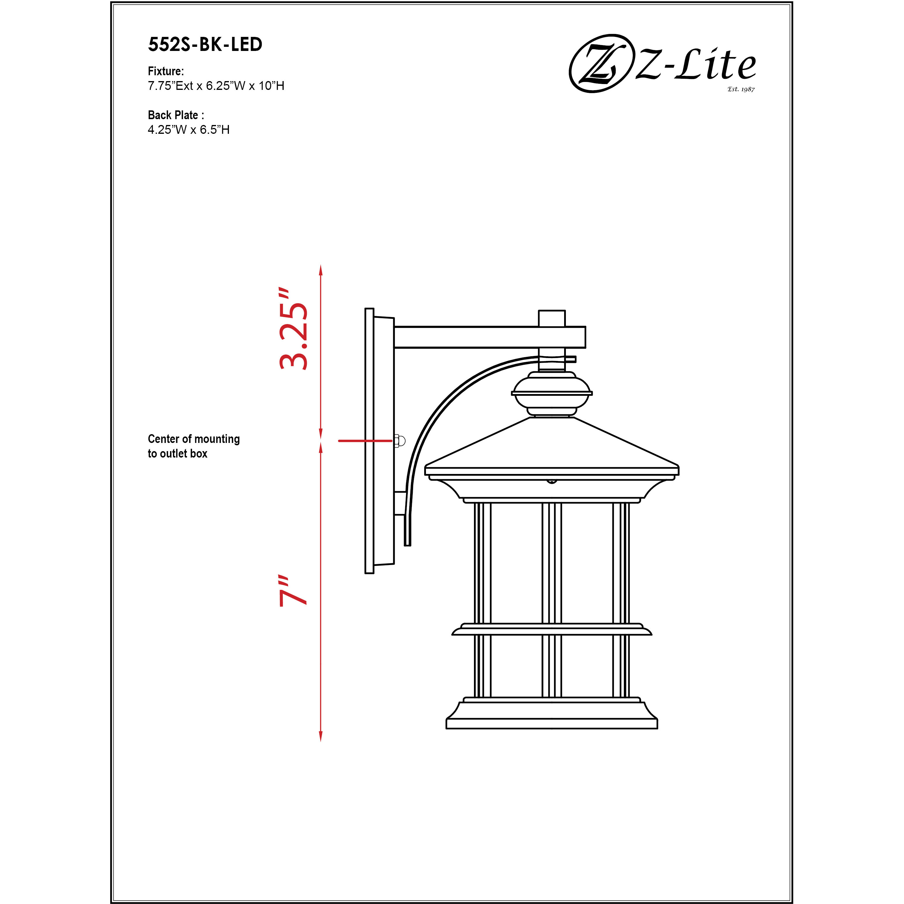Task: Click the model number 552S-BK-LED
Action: coord(205,44)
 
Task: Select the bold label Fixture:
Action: coord(166,71)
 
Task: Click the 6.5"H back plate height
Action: coord(215,130)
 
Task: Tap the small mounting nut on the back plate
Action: coord(399,441)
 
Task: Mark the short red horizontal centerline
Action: coord(365,441)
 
